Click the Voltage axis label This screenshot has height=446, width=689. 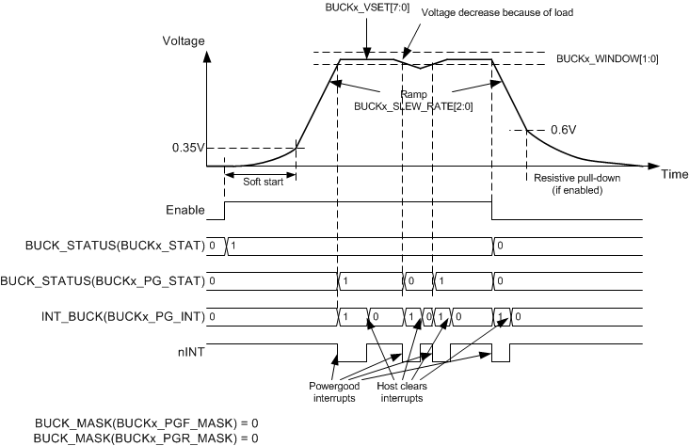(184, 41)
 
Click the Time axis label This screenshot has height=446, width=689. (673, 175)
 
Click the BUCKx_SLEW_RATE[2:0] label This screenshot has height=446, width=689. (412, 107)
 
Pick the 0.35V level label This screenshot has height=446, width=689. (186, 149)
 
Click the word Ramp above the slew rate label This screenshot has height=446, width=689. (412, 95)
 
